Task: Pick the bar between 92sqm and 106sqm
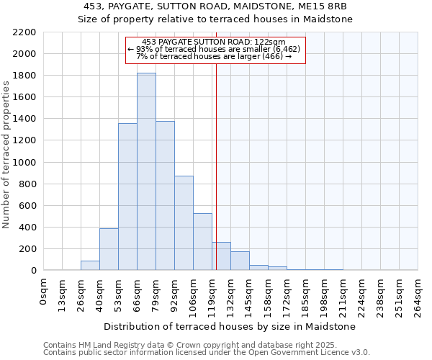(184, 223)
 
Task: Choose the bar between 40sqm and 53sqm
(109, 249)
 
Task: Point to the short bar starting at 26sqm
(90, 266)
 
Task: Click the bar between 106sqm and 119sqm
(202, 242)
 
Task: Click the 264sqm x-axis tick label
(418, 295)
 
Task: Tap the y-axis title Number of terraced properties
(6, 155)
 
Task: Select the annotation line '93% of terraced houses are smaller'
(215, 49)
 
